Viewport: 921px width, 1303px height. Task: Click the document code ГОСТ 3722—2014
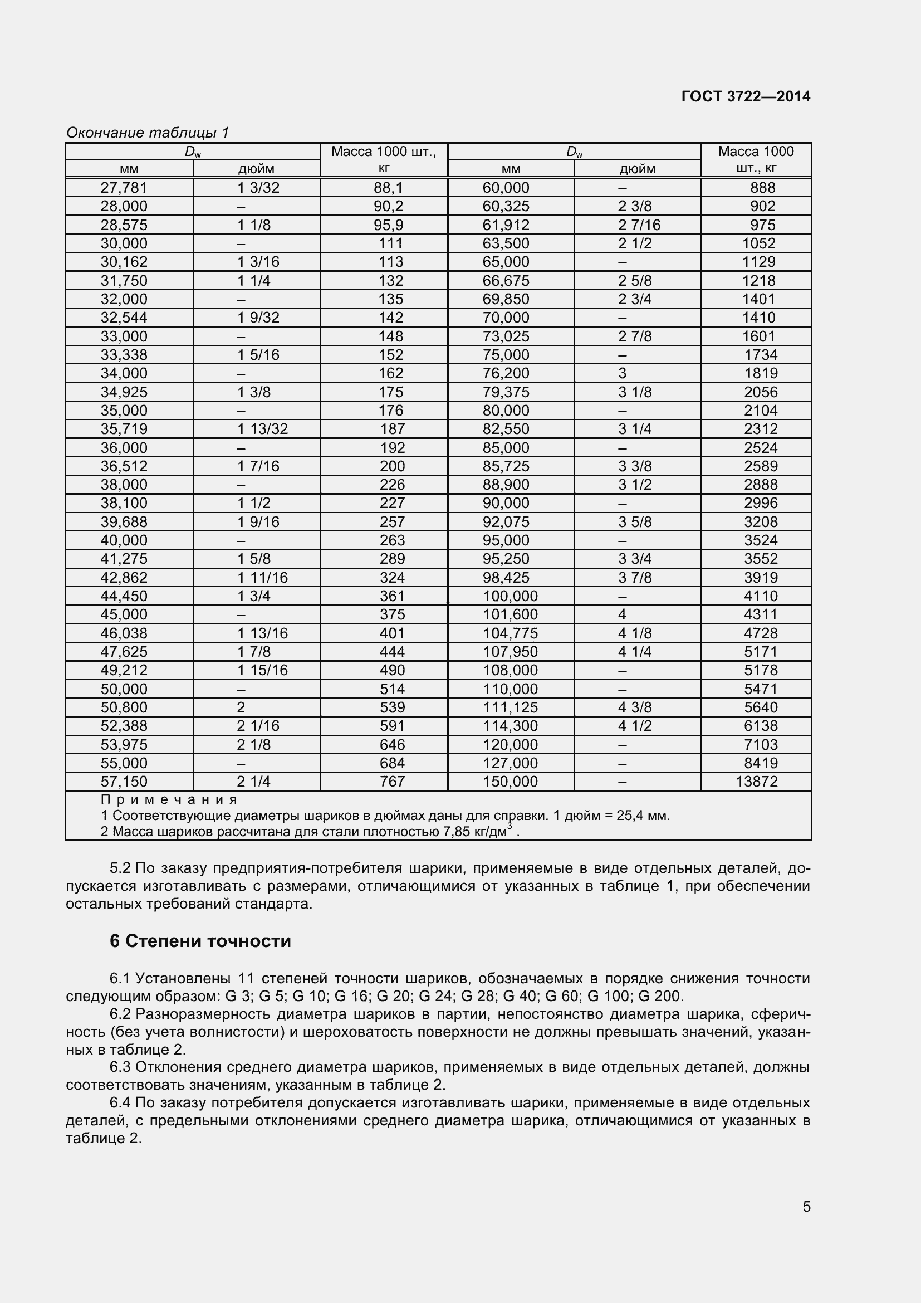tap(745, 96)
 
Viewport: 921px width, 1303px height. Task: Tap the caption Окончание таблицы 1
tap(148, 133)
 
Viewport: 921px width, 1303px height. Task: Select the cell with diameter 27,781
tap(124, 188)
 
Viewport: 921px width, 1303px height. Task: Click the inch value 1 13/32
tap(262, 429)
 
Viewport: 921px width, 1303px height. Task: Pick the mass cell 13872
tap(757, 782)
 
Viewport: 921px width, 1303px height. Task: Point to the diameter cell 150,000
tap(510, 782)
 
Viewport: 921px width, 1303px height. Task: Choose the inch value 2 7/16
tap(639, 225)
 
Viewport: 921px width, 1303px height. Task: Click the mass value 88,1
tap(389, 188)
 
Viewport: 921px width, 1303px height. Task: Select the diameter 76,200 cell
tap(505, 373)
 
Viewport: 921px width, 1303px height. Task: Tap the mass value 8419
tap(761, 763)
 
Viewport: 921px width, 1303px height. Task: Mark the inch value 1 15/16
tap(262, 670)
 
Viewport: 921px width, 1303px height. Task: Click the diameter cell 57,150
tap(124, 782)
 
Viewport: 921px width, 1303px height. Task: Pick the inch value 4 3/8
tap(635, 707)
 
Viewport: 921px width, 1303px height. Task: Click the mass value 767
tap(392, 782)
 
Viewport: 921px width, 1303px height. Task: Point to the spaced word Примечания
tap(169, 799)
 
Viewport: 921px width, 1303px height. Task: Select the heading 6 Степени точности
tap(200, 941)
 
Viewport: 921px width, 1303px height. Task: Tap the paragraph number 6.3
tap(120, 1067)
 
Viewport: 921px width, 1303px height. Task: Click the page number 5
tap(806, 1207)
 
